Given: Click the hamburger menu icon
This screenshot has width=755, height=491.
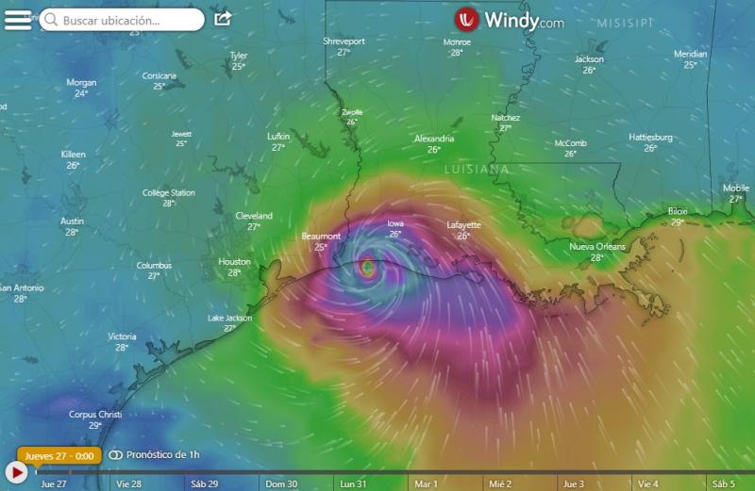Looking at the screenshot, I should coord(17,19).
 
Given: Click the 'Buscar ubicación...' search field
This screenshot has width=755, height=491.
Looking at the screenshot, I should coord(122,20).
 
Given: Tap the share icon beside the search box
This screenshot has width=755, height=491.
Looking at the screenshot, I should coord(223,19).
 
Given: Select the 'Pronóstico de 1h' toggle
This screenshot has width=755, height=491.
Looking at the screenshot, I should coord(155,455).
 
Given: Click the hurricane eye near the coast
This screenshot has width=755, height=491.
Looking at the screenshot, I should coord(368,269).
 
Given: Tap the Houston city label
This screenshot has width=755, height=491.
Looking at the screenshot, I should coord(234,262).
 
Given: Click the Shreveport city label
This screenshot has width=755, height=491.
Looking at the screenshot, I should coord(344,42).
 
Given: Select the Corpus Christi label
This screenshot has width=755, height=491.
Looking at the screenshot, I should coord(95,415).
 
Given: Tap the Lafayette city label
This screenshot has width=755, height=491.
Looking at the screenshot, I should coord(463,225).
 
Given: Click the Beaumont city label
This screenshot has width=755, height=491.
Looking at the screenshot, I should coord(320,236).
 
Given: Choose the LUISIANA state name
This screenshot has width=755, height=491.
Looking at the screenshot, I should coord(477,169).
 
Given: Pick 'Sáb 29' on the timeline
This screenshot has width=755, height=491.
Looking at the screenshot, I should coord(205,483).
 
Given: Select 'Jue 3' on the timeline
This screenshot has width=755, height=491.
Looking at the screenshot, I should coord(572,483).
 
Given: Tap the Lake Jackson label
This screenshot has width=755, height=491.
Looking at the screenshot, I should coord(229,319).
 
